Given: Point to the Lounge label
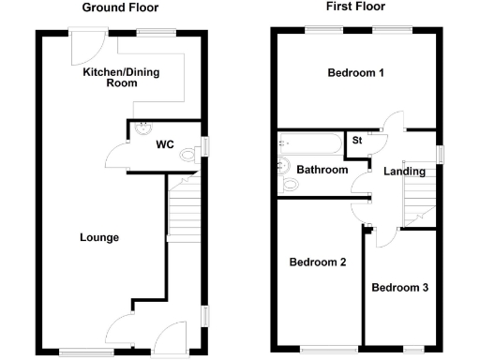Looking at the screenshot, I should click(x=98, y=237).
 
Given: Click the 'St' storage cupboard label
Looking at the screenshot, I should click(x=356, y=141).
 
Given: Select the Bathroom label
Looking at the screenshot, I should click(x=323, y=170).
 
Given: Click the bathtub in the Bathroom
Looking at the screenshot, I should click(x=309, y=145).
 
